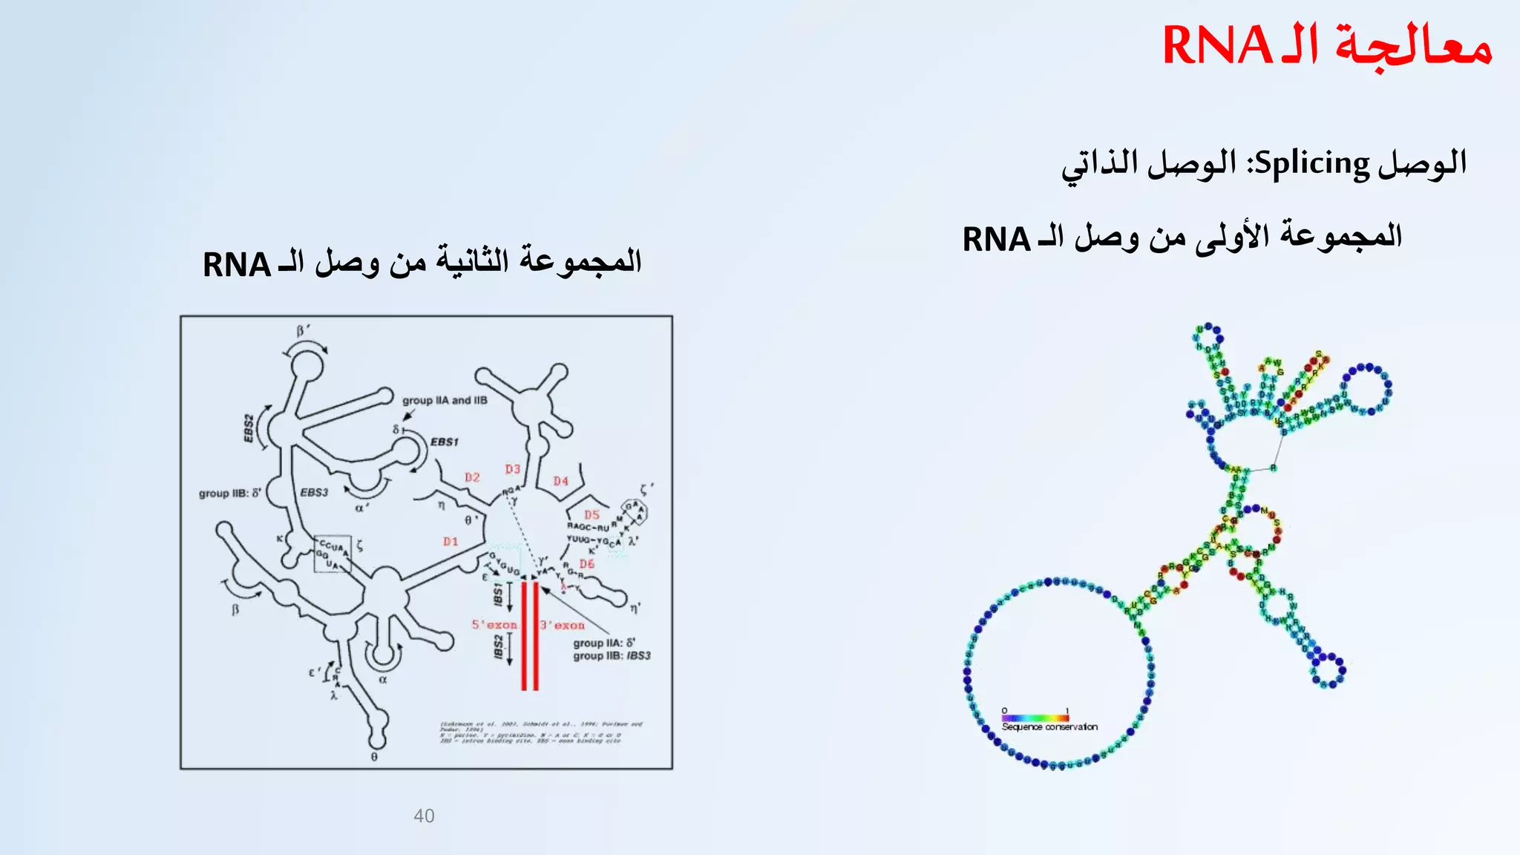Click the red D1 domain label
coord(451,542)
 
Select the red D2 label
coord(472,477)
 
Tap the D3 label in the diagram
coord(513,469)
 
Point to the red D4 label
coord(560,481)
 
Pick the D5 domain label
coord(592,514)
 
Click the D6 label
coord(587,564)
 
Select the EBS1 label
coord(445,442)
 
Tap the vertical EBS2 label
coord(249,429)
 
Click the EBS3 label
coord(314,492)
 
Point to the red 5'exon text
coord(494,625)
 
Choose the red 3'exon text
coord(563,626)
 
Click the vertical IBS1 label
coord(499,593)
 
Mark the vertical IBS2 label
coord(499,646)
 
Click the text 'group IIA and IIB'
coord(445,400)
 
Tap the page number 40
coord(424,816)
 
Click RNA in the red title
coord(1218,46)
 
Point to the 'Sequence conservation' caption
coord(1049,727)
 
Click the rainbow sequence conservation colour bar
coord(1035,718)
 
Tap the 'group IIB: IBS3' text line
coord(612,656)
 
